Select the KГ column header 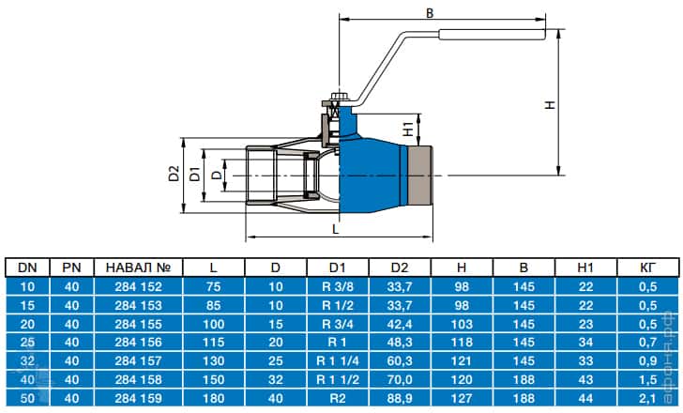(647, 268)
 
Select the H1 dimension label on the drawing (409, 129)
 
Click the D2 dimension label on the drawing (173, 174)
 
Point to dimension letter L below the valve (336, 228)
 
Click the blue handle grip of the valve (493, 38)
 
